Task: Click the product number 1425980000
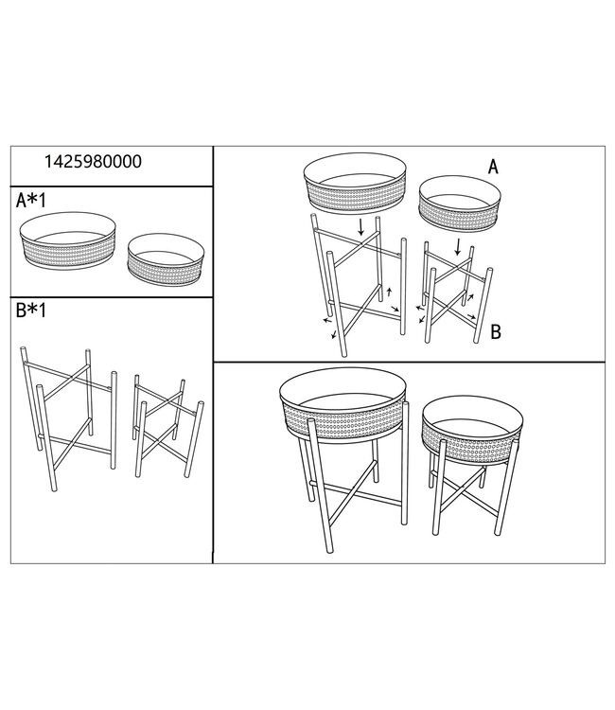(93, 161)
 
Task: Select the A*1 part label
(34, 201)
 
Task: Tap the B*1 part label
(34, 312)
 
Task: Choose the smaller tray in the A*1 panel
(166, 258)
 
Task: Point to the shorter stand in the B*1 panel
(168, 425)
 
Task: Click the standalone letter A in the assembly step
(493, 167)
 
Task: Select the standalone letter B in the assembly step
(495, 332)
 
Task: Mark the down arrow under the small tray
(459, 247)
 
